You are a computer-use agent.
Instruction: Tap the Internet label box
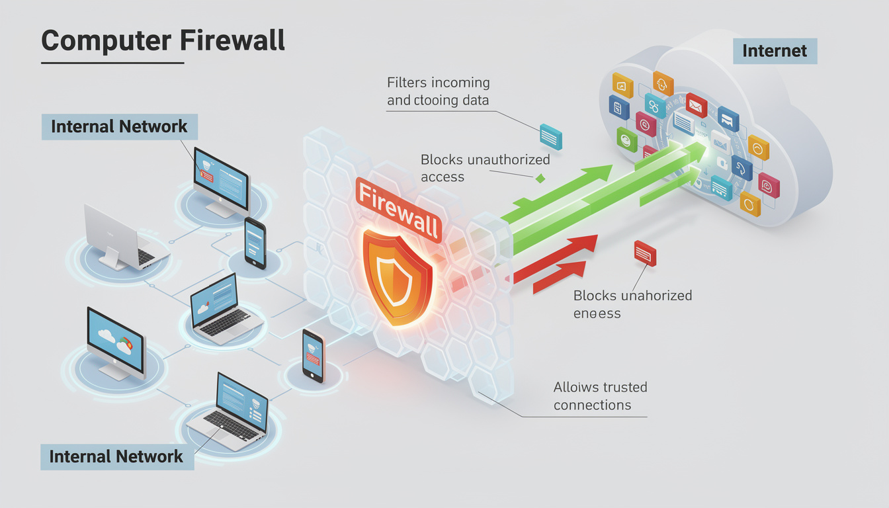click(x=775, y=51)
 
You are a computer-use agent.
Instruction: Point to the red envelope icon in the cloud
click(x=696, y=105)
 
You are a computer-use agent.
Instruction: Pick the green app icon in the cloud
click(x=626, y=139)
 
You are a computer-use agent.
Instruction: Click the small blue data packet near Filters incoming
click(x=550, y=136)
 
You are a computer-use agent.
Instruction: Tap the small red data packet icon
click(x=645, y=253)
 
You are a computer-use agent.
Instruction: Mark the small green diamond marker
click(x=540, y=178)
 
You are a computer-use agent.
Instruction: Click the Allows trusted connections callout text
click(x=600, y=396)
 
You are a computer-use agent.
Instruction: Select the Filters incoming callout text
click(x=438, y=91)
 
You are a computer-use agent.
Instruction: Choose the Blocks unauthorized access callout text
click(x=485, y=168)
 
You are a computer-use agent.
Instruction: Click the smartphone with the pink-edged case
click(x=314, y=355)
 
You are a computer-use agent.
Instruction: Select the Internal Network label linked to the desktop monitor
click(x=119, y=126)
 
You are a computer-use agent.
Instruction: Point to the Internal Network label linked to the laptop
click(x=116, y=456)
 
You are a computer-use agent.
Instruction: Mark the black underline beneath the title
click(x=112, y=63)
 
